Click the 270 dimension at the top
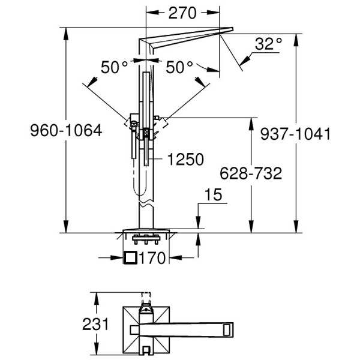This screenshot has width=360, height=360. tap(182, 13)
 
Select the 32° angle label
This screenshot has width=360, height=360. tap(268, 44)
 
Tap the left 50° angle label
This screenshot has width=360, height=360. tap(114, 67)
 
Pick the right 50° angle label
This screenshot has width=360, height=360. tap(179, 67)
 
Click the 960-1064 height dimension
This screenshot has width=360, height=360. tap(66, 130)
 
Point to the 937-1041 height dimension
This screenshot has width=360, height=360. tap(295, 134)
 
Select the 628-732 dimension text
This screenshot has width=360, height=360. tap(251, 173)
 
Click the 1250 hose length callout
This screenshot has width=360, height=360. tap(185, 160)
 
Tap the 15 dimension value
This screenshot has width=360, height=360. tap(213, 194)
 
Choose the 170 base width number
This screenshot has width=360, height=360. tap(152, 258)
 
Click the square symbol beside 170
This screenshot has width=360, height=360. tap(130, 257)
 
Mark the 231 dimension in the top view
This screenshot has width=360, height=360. tap(95, 325)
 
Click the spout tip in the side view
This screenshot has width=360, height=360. tap(232, 29)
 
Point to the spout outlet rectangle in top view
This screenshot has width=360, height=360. tap(227, 330)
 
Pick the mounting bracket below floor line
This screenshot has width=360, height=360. tap(146, 239)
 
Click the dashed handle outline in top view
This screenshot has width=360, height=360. tap(146, 298)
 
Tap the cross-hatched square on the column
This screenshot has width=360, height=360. tap(146, 132)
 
